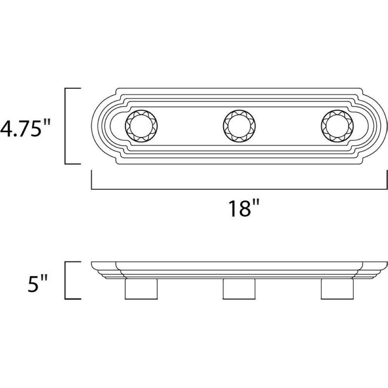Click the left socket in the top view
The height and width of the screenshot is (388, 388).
point(142,126)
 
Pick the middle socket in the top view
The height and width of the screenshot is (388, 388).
point(239,126)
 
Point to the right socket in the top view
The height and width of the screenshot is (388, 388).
point(337,126)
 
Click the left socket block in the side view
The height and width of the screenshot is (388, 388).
point(141,289)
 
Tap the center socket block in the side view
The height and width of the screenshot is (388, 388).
point(239,289)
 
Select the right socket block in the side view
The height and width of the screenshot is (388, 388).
point(337,289)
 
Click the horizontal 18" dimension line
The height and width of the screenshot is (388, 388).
point(239,189)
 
